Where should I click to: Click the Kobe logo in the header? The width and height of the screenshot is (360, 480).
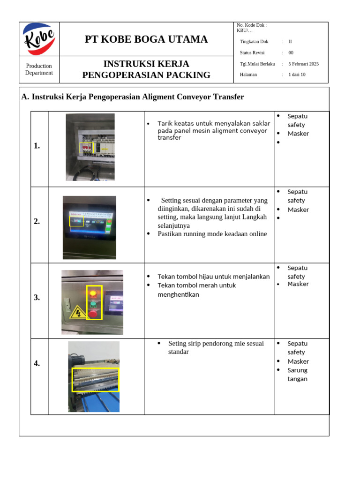point(39,39)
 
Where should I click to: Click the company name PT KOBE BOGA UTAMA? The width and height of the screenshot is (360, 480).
point(146,39)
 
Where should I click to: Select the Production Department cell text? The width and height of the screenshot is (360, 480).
point(39,69)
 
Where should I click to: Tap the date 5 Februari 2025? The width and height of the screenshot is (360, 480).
point(303,64)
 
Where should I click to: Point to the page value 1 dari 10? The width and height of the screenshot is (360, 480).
point(297,75)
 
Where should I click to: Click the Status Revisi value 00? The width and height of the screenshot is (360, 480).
point(291,53)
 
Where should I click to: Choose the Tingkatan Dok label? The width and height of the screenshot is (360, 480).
point(254,42)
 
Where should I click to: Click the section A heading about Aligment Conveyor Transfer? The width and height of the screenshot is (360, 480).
point(133,97)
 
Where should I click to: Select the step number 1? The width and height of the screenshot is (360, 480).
point(37,146)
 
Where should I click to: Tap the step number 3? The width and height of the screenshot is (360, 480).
point(37,297)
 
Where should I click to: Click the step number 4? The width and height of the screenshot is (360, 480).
point(37,363)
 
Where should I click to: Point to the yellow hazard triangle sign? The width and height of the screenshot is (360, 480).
point(76,312)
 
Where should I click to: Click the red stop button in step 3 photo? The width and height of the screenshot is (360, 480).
point(93,313)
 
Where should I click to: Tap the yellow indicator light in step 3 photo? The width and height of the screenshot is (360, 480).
point(93,293)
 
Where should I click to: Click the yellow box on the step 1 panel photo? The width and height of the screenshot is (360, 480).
point(87,148)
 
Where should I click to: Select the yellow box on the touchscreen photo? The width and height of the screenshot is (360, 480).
point(76,221)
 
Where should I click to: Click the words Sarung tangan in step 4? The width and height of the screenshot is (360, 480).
point(297,375)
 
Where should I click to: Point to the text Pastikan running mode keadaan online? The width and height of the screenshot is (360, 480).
point(212,234)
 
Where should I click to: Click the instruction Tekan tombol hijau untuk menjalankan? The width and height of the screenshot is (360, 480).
point(213,277)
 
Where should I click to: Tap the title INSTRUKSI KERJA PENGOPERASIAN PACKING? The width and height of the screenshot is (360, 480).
point(146,69)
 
